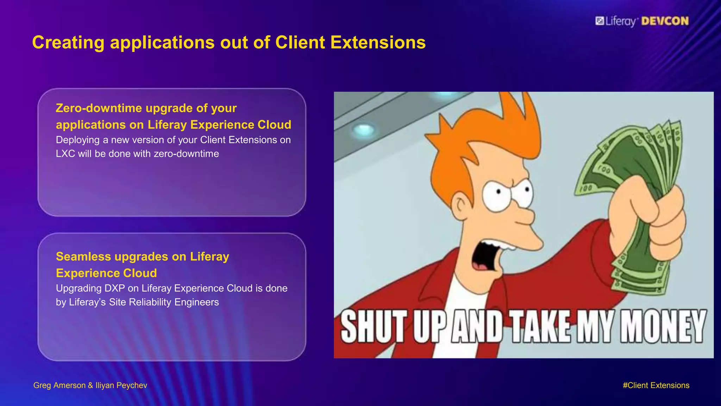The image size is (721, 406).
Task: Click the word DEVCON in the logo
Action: tap(665, 21)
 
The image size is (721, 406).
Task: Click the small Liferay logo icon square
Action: tap(600, 21)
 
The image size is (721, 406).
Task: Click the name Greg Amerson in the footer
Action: tap(59, 386)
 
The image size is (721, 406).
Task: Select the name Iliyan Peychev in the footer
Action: tap(121, 386)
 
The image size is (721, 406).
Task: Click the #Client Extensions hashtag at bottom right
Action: tap(656, 386)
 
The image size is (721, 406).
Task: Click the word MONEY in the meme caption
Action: tap(663, 326)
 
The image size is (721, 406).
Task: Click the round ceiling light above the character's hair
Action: tap(364, 130)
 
